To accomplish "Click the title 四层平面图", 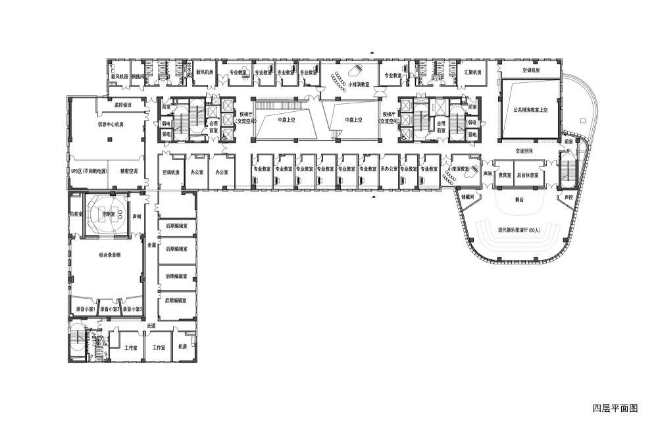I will click(615, 408).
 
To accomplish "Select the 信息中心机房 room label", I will click(111, 123).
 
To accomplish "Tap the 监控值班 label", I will click(123, 105).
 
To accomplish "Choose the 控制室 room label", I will click(109, 214).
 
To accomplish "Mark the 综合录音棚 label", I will click(109, 254).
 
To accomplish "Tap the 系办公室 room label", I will click(388, 169).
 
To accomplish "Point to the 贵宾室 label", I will click(504, 176).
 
